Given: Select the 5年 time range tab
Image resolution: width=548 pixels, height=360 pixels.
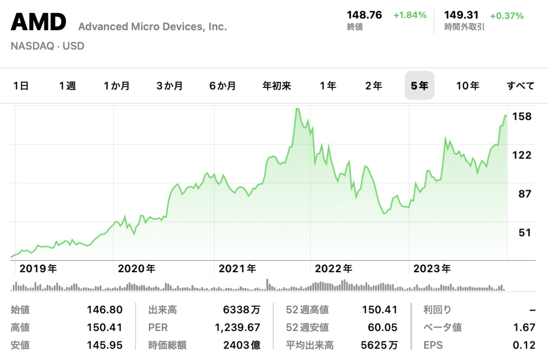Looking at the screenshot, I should (419, 85).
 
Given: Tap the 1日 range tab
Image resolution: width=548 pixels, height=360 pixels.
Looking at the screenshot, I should (21, 85).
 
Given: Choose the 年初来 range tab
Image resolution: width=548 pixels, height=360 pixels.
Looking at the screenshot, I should (277, 85).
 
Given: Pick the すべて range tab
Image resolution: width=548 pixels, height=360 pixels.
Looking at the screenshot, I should (521, 85).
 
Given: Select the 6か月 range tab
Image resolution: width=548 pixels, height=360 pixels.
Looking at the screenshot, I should (222, 85).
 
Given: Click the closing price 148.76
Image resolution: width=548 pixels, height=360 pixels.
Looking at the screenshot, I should (364, 15).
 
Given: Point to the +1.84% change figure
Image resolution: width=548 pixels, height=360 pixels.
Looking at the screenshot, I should (410, 15).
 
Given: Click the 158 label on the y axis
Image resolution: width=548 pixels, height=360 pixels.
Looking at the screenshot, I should (522, 116).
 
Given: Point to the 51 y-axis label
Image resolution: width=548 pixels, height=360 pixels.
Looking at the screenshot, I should (525, 233).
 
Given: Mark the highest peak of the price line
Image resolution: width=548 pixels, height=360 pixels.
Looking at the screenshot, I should (297, 109).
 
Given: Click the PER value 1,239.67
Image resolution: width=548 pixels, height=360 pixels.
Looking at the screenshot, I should (237, 328).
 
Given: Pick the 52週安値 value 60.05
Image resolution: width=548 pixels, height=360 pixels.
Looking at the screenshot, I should (382, 328).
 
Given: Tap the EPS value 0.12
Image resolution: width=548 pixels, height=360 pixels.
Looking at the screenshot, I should (523, 345).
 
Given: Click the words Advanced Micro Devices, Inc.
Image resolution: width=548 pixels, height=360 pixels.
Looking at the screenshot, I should (153, 26).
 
